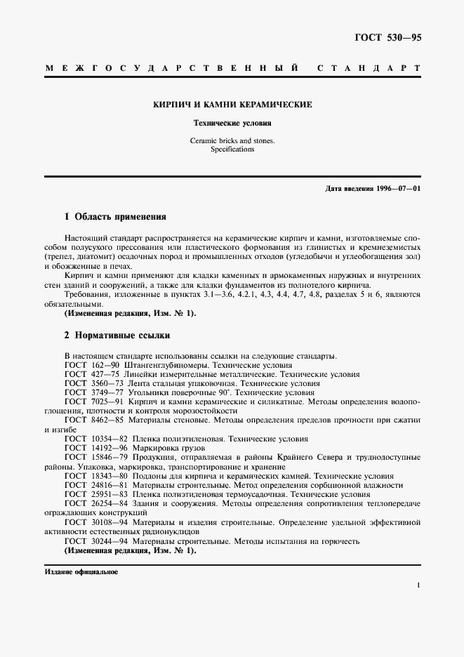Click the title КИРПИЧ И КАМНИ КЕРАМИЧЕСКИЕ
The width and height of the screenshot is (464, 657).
click(x=232, y=104)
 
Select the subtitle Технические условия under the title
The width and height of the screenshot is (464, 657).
click(x=232, y=122)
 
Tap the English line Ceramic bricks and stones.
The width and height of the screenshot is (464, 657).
click(x=232, y=140)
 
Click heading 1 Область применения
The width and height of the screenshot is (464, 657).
click(x=114, y=218)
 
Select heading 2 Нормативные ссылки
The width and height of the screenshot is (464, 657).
click(x=117, y=336)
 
